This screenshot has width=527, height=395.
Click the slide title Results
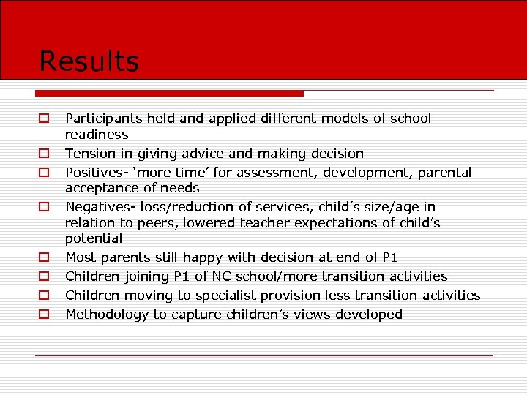tap(89, 61)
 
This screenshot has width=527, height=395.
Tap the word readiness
tap(97, 135)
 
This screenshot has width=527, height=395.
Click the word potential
tap(94, 238)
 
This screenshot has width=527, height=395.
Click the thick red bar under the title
tap(169, 93)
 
